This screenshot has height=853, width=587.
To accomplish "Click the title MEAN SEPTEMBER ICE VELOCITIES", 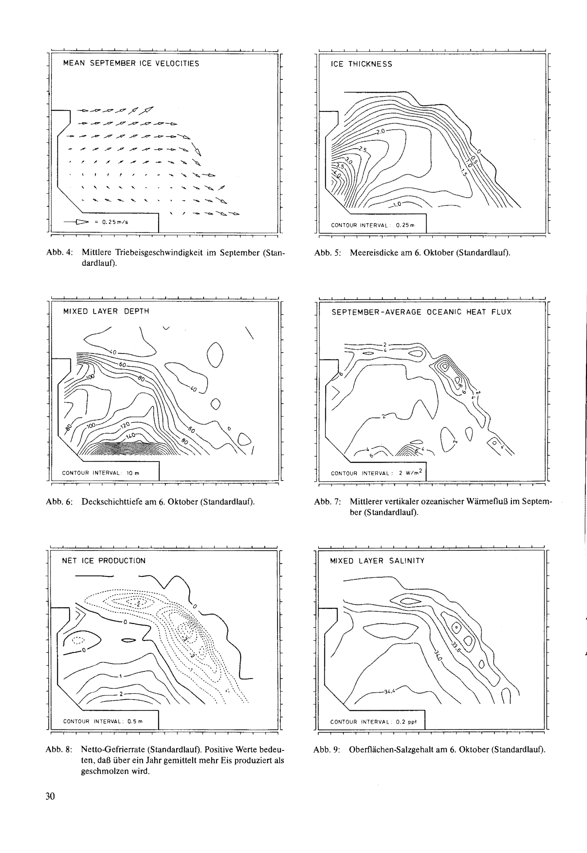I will (x=131, y=63).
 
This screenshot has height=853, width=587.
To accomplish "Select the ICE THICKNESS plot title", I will (x=361, y=64).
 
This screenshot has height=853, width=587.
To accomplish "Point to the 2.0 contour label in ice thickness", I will (x=380, y=131).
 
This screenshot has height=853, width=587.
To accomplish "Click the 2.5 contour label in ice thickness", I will (x=363, y=149).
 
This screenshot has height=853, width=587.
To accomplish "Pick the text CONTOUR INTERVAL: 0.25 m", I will (x=372, y=225).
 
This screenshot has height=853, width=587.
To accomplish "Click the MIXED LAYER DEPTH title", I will (x=106, y=311).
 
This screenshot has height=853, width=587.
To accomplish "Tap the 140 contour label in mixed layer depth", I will (x=131, y=436).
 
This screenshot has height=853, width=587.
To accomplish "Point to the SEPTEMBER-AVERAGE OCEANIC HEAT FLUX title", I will (x=421, y=312).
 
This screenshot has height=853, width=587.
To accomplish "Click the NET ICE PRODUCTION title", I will (x=103, y=561).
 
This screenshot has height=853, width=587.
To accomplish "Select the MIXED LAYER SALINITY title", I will (x=377, y=561).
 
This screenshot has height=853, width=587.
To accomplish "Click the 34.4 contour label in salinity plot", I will (x=389, y=691).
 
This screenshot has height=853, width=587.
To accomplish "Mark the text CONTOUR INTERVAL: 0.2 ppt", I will (x=373, y=722).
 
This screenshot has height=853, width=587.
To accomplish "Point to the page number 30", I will (x=50, y=796).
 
